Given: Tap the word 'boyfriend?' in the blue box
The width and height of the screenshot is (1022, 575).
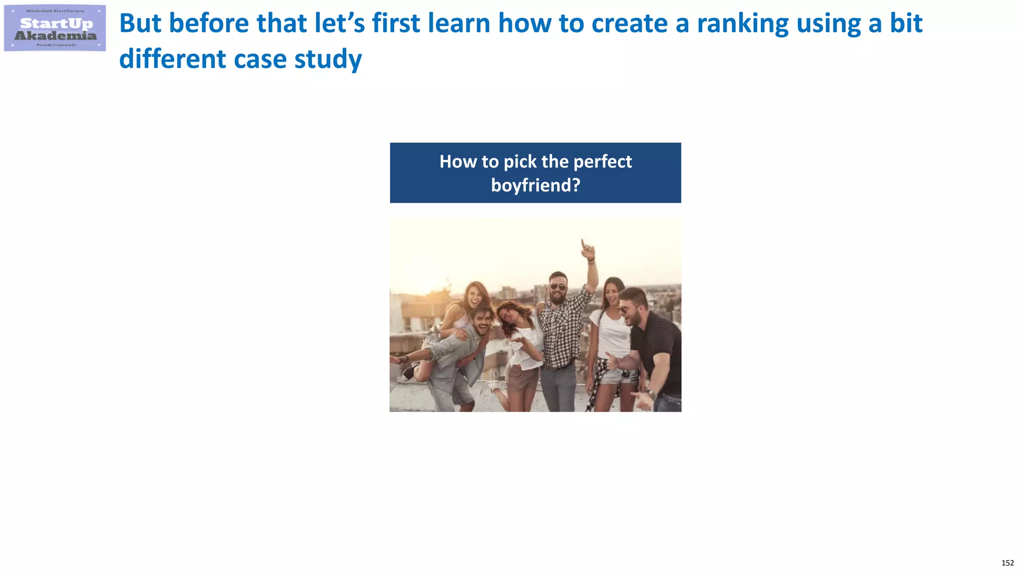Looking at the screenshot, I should coord(535,186).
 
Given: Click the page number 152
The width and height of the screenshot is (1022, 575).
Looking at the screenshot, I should coord(1007,563).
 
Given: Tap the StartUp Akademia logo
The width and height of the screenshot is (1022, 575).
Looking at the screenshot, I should coord(55,28).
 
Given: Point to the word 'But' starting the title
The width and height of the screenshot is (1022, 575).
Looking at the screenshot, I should coord(140,23).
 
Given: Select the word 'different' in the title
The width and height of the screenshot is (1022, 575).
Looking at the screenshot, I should coord(172,59).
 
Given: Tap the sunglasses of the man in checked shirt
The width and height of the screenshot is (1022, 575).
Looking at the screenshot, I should coord(557,287).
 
